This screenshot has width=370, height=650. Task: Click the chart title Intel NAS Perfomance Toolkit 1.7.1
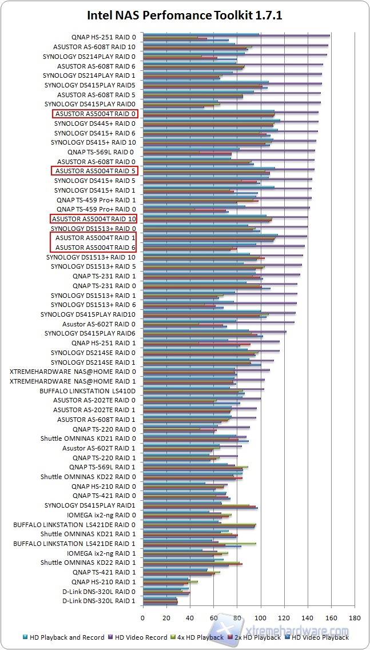pos(185,15)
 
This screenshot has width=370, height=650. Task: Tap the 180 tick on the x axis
pos(355,617)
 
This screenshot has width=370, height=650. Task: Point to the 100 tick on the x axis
pos(260,617)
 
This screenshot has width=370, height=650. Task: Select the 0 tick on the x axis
pos(142,617)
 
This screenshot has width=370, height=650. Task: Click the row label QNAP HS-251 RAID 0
pos(104,37)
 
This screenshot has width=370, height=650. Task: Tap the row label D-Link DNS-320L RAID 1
pos(99,601)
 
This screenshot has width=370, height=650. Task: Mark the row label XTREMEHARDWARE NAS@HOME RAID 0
pos(73,372)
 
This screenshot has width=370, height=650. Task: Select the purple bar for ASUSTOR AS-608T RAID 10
pos(235,45)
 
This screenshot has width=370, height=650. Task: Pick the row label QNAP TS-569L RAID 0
pos(101,152)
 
